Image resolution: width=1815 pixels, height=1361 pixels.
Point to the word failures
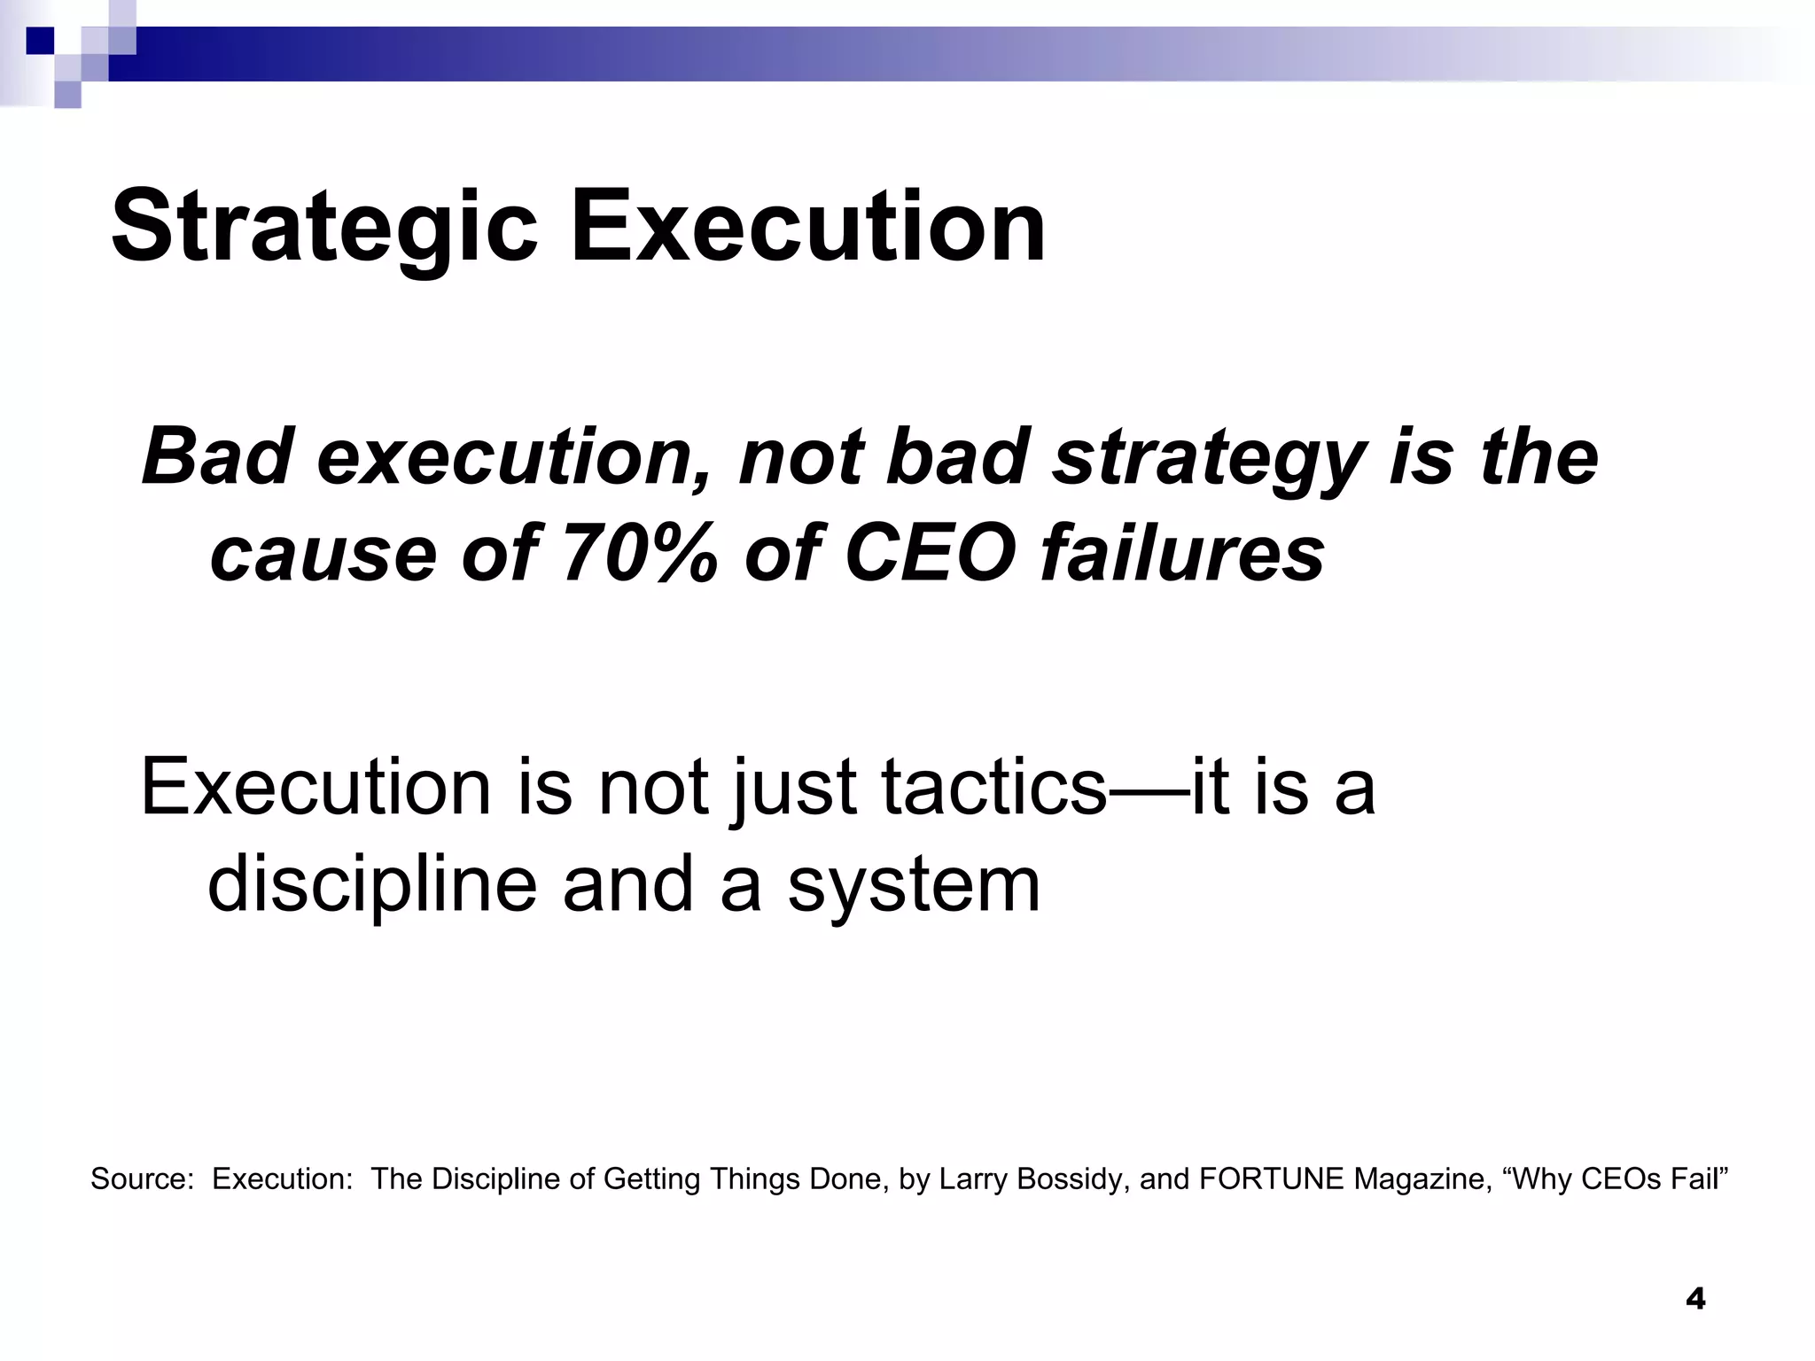coord(1183,554)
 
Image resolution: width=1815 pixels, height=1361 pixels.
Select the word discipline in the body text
coord(372,885)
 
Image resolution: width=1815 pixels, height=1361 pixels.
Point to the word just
coord(793,788)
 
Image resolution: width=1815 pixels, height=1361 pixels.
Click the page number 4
coord(1695,1300)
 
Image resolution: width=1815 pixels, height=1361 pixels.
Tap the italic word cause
coord(323,554)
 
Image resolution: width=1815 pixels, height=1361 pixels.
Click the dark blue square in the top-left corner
coord(40,41)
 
